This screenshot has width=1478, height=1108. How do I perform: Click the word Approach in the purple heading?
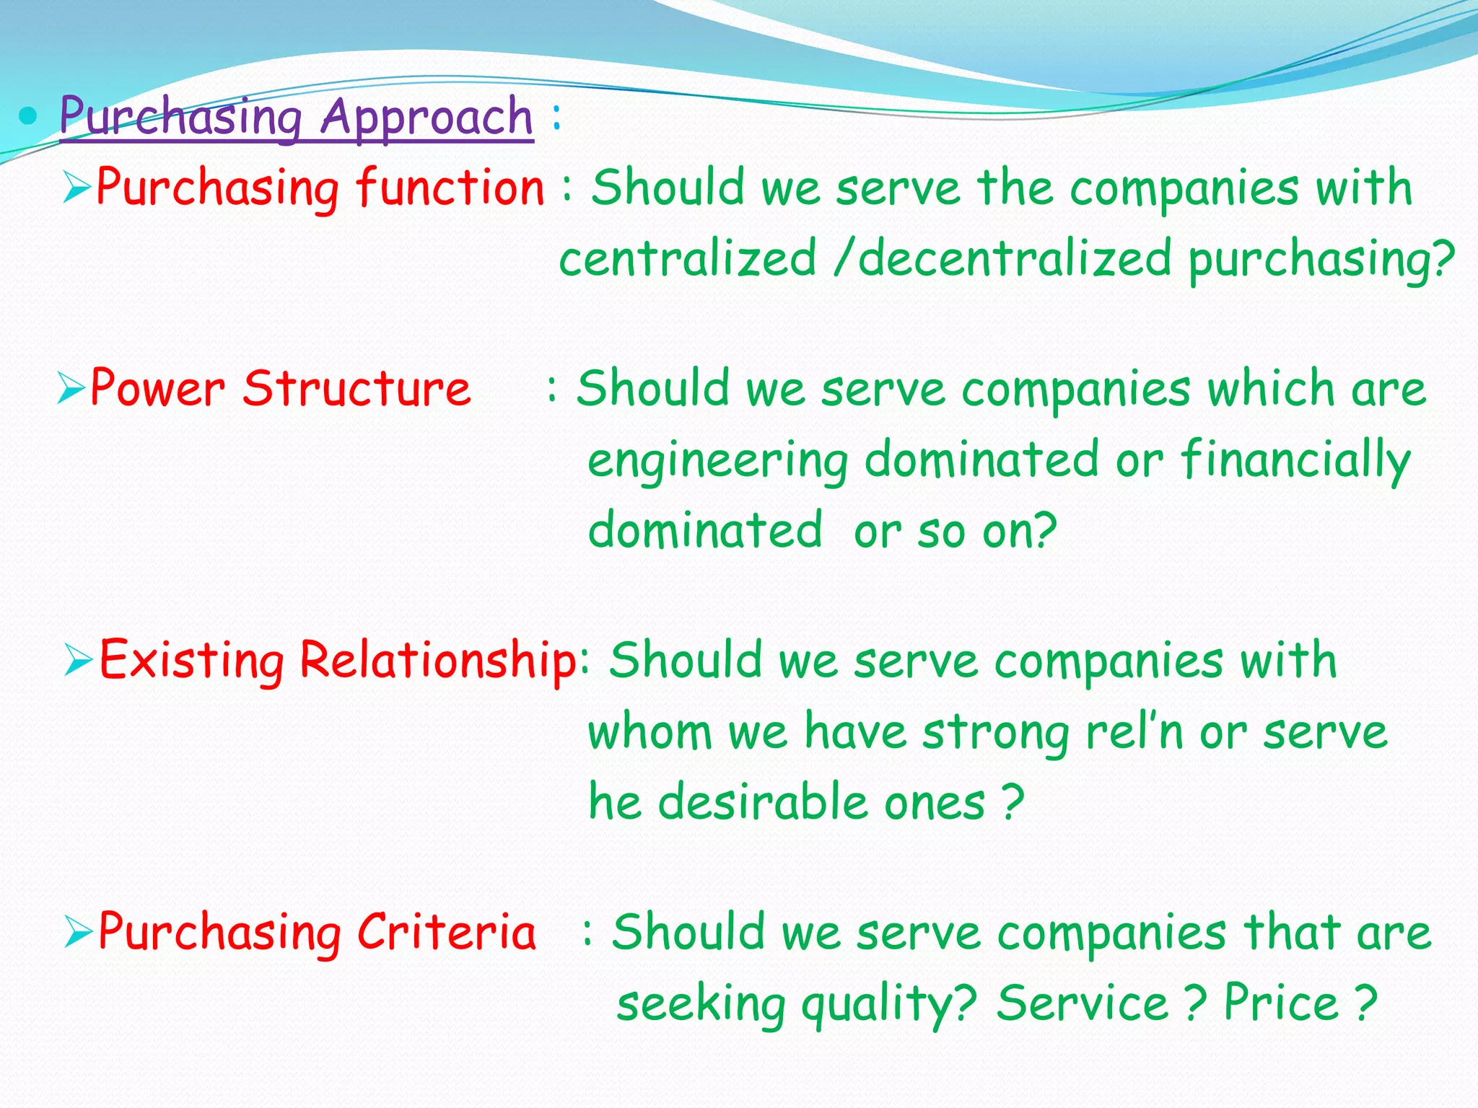click(427, 117)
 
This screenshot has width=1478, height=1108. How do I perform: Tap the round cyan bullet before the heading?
click(28, 115)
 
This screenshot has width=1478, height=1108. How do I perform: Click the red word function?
click(450, 188)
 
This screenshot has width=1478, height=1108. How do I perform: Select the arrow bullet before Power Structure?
click(72, 389)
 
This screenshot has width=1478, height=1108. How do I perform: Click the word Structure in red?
click(357, 389)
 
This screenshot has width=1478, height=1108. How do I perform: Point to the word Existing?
click(191, 660)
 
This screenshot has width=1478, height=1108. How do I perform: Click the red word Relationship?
click(438, 660)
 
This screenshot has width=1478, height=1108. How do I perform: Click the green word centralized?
click(687, 259)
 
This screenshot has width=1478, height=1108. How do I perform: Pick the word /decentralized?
click(1002, 259)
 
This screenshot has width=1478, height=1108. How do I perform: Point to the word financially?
click(1295, 460)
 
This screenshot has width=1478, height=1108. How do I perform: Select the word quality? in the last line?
click(889, 1004)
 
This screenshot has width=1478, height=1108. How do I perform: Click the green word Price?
click(1282, 1003)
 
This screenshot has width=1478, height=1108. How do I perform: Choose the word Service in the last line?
click(1083, 1003)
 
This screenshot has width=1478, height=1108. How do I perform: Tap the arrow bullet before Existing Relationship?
click(78, 660)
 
